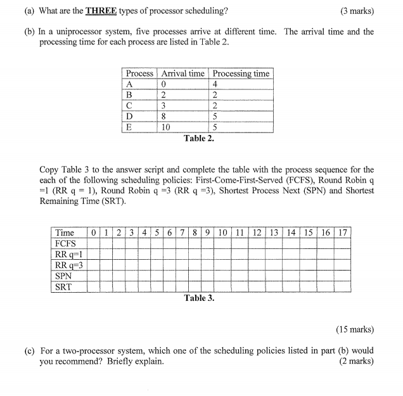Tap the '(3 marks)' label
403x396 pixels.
356,11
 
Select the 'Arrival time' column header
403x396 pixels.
182,73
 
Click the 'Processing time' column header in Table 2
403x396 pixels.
241,73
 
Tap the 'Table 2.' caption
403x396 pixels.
198,138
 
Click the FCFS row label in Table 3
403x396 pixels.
65,243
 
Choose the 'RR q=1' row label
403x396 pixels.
68,254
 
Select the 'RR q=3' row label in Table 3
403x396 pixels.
68,265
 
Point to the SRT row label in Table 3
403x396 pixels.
64,286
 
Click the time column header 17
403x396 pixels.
342,233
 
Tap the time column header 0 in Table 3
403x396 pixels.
93,233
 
